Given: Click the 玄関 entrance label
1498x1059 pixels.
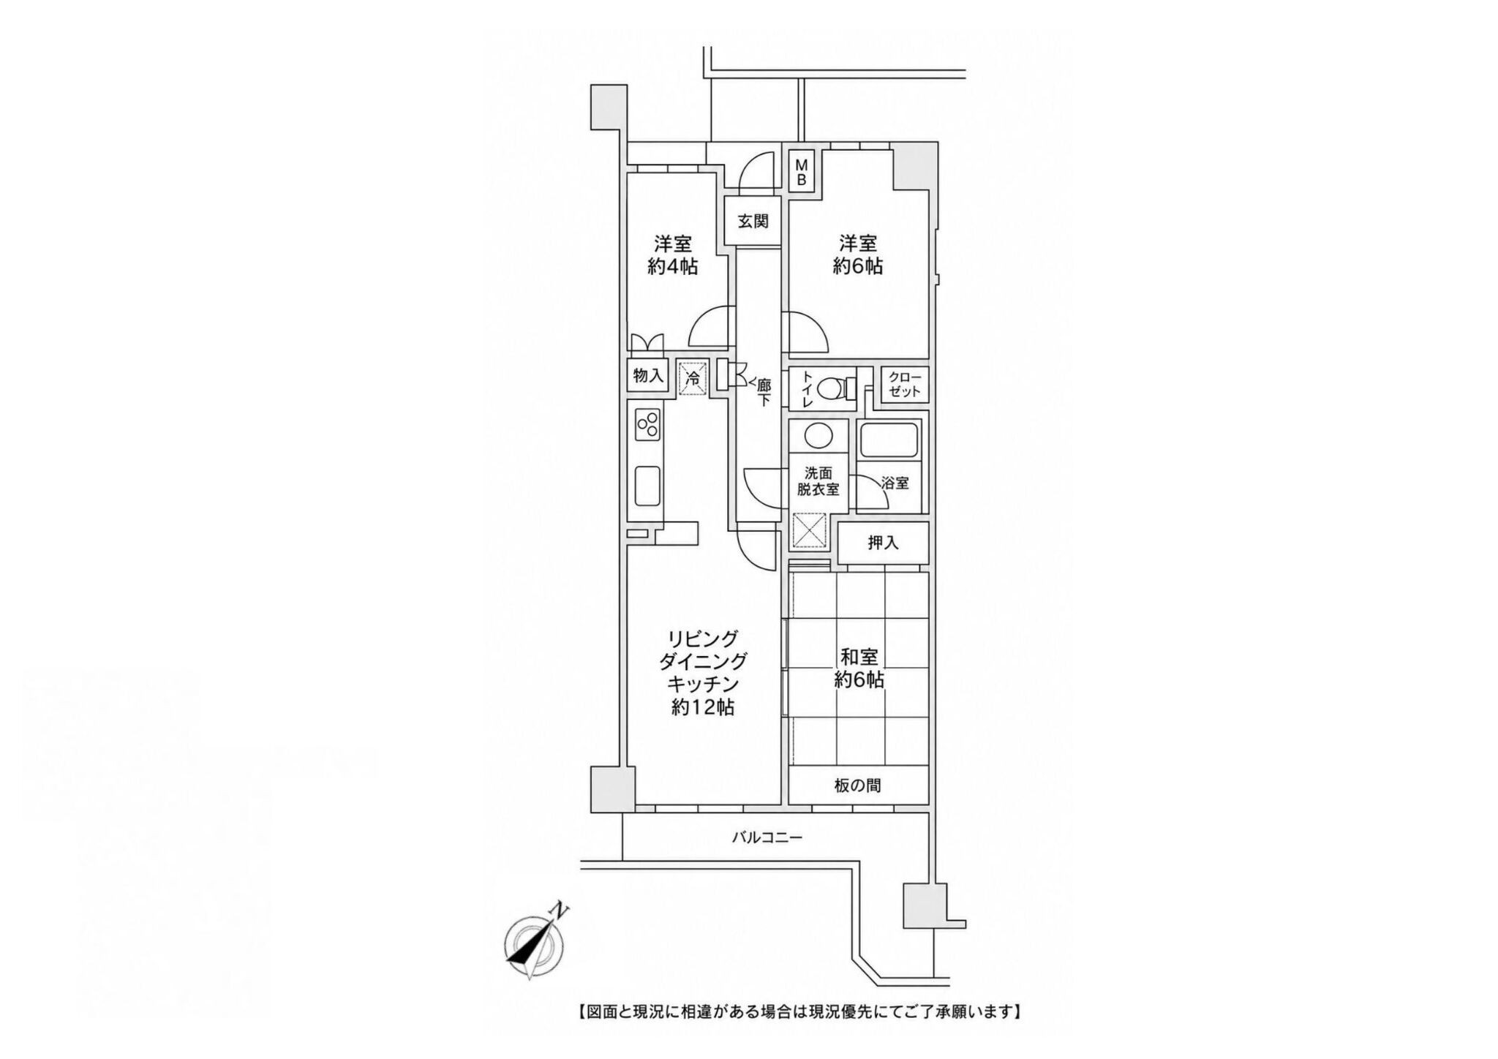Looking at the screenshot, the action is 753,220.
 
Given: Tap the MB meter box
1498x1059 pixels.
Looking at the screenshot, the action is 802,170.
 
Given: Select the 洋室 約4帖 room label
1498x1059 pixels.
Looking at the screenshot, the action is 673,255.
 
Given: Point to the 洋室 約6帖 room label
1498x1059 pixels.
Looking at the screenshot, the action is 858,255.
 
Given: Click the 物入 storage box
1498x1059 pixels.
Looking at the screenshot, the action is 648,376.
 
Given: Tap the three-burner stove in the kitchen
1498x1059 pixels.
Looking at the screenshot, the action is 136,425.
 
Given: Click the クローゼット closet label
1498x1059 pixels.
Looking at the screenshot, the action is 905,385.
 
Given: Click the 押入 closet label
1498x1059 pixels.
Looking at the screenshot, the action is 883,543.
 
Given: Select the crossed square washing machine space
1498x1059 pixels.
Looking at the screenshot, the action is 810,530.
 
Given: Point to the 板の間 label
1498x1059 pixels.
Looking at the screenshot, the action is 857,785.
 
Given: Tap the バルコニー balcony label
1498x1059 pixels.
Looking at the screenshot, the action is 767,837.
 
